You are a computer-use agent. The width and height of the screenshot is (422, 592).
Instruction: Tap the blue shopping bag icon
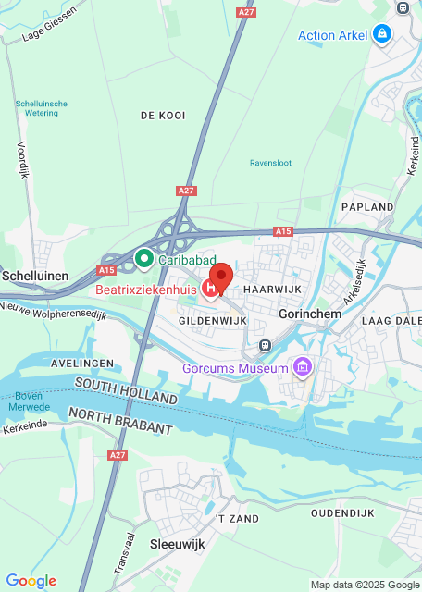click(381, 35)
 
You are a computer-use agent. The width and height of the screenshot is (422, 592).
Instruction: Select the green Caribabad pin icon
click(143, 258)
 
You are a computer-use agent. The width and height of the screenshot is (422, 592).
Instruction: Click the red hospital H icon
click(210, 290)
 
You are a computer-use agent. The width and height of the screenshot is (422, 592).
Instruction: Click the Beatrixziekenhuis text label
click(148, 290)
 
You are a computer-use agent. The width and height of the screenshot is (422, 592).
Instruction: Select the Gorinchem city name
click(310, 314)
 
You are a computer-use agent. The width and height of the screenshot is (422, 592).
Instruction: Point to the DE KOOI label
click(163, 116)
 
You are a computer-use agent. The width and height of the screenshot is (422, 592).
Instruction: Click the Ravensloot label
click(270, 163)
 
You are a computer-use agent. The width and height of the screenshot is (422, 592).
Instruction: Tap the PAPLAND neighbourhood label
click(367, 207)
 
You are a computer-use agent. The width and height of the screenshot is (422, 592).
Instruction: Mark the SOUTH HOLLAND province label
click(126, 389)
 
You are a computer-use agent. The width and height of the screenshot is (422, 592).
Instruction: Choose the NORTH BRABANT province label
click(120, 421)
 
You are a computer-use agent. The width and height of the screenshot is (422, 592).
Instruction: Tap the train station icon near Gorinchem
click(266, 345)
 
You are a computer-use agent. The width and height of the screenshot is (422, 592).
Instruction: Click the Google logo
click(31, 581)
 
